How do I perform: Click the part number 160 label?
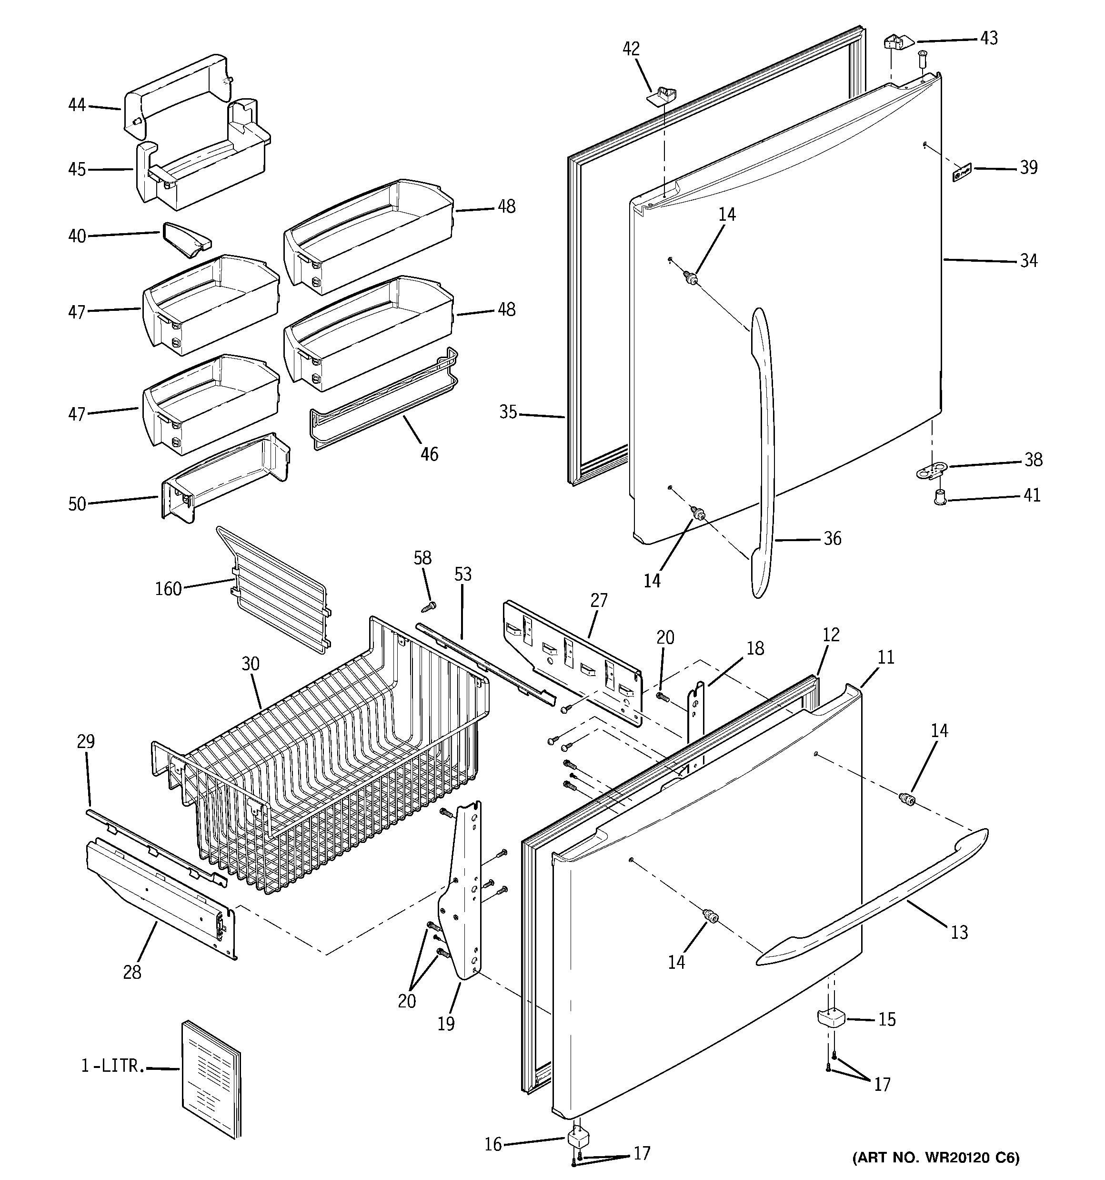point(168,589)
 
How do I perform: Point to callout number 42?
point(631,49)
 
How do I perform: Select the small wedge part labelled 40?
point(186,240)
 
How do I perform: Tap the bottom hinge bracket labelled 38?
point(931,471)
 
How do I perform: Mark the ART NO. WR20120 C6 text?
point(935,1158)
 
